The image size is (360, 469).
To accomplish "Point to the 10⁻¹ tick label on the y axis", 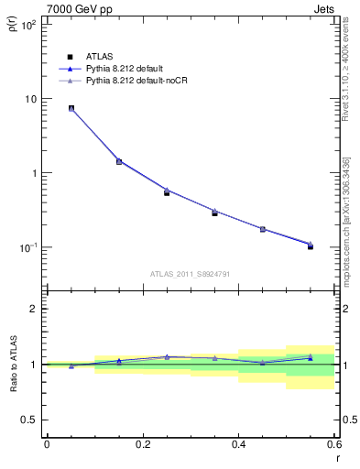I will (x=27, y=247).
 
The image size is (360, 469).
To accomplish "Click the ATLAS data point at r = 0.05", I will (x=71, y=108).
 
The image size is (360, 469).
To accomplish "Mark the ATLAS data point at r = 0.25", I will (x=167, y=192).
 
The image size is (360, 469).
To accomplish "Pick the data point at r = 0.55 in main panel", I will (x=311, y=246).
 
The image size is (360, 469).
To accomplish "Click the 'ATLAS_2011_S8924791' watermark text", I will (x=190, y=273).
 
